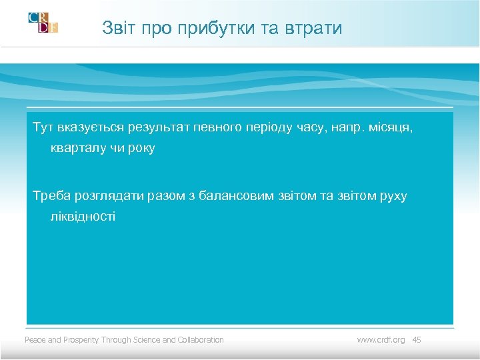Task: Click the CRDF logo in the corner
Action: pos(43,22)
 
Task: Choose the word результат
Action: pos(153,127)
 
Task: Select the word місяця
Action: pos(393,127)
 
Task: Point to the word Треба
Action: pos(51,196)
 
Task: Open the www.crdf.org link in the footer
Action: pos(381,340)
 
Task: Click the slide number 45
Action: pos(417,340)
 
